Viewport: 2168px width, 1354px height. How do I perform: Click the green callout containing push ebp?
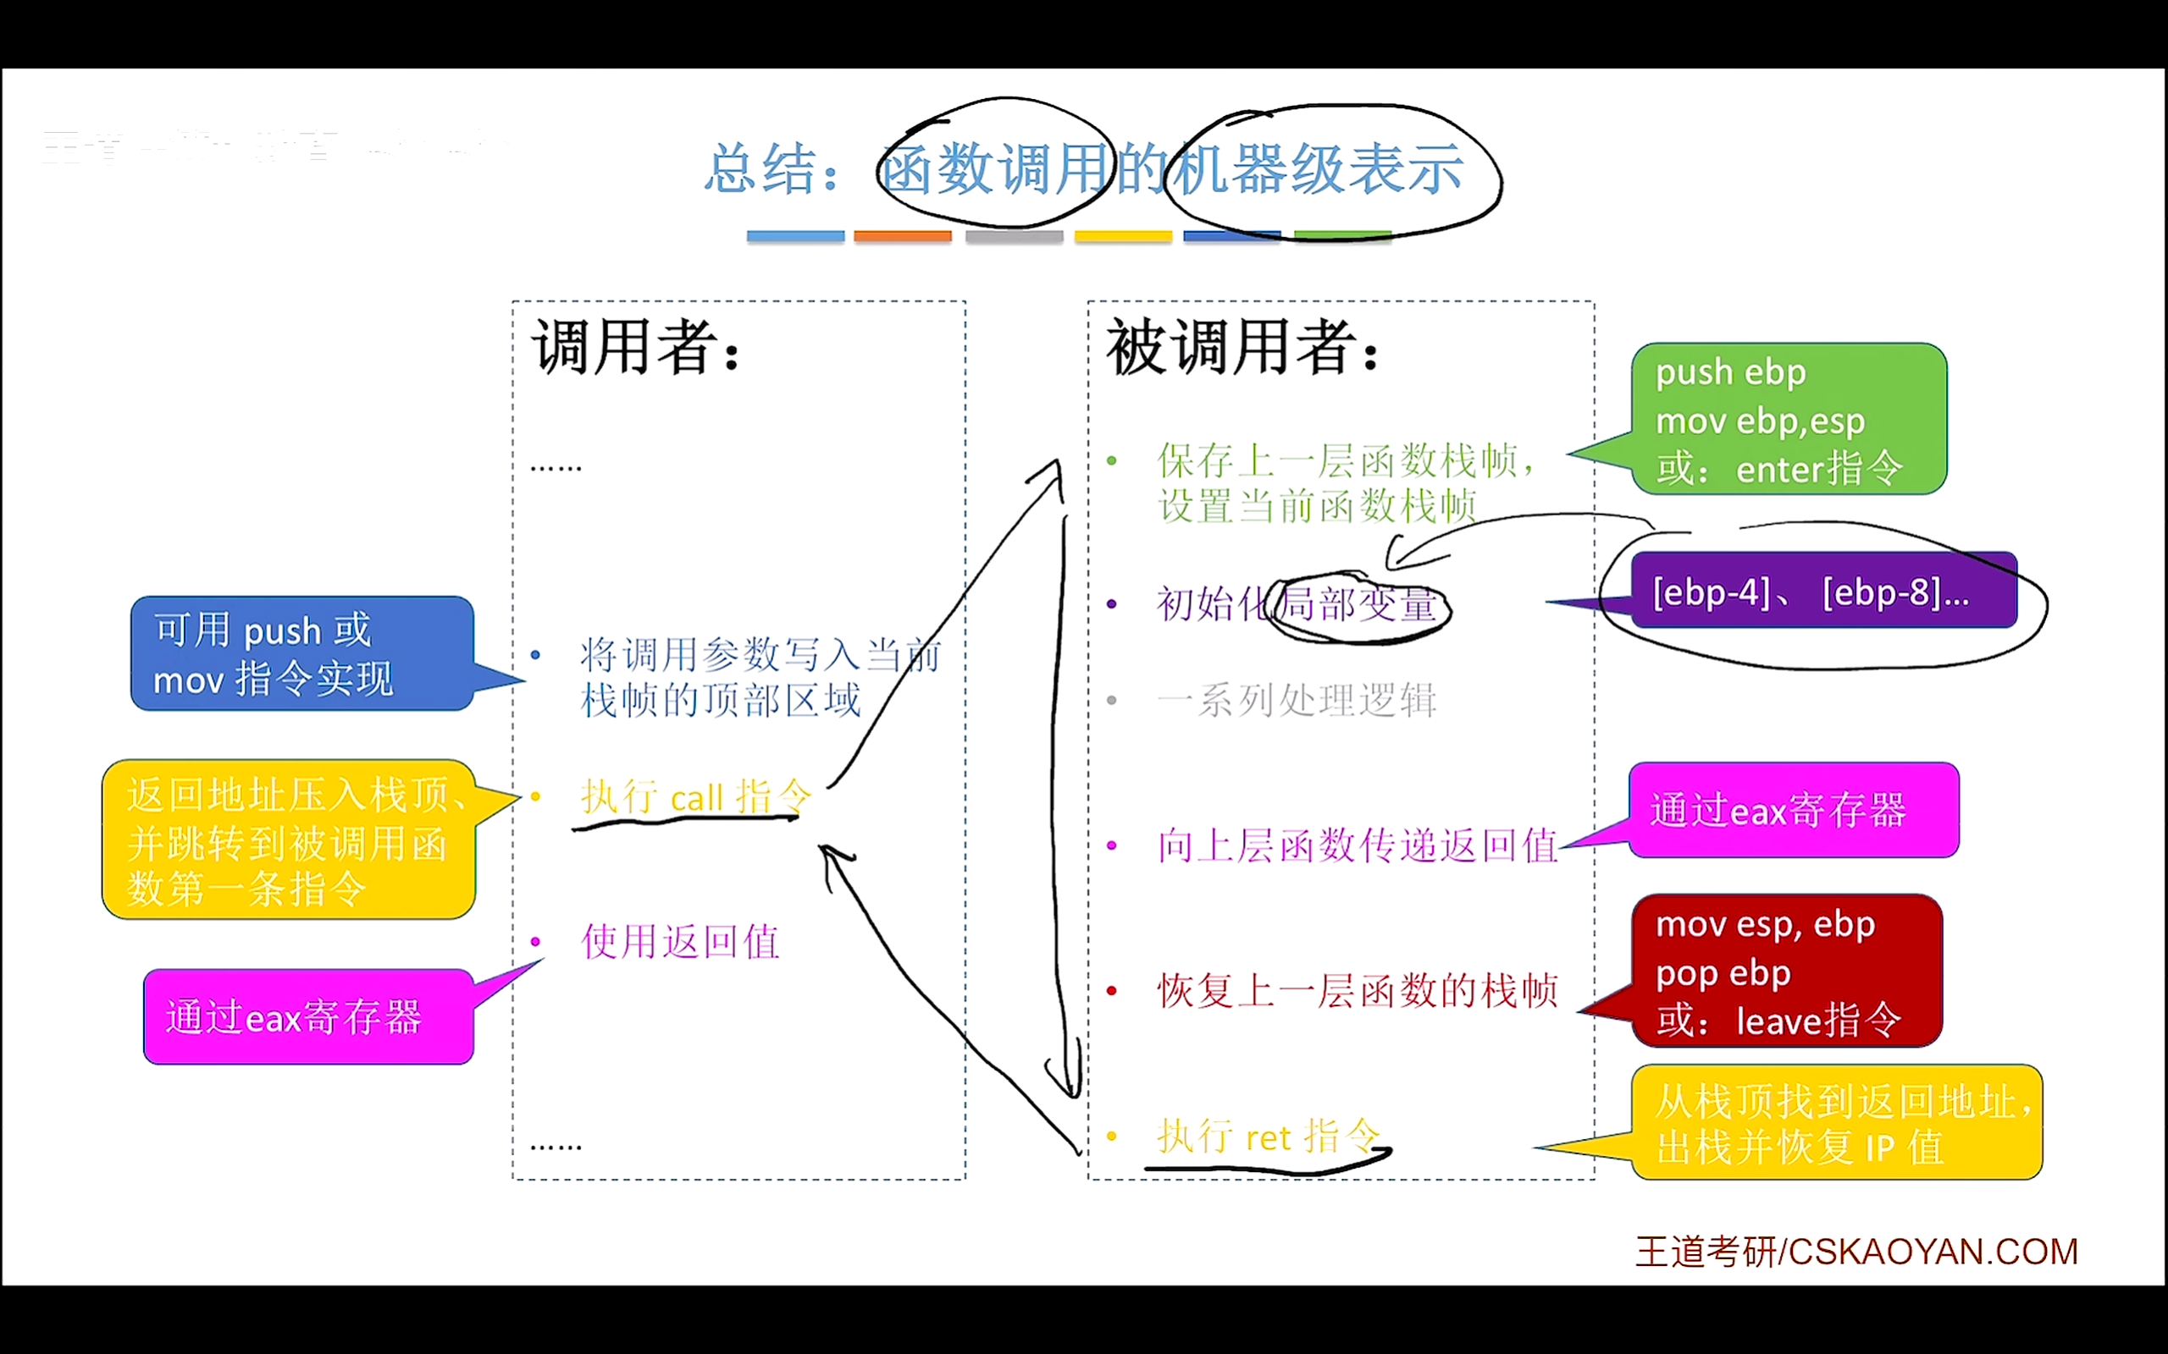point(1788,419)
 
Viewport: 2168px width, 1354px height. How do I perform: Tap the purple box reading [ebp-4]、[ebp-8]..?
point(1823,591)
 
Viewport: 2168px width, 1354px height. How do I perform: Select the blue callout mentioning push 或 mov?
point(301,653)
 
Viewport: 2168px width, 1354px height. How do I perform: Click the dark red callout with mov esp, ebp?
point(1786,971)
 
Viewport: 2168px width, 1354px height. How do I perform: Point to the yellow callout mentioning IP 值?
point(1837,1123)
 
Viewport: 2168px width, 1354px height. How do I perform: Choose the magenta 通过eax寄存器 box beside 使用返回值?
point(308,1017)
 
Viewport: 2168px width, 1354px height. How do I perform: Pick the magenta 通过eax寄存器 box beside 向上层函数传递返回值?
point(1794,811)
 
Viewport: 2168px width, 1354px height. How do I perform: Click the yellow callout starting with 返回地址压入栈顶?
point(289,840)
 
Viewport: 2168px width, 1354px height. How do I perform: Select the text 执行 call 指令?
point(695,796)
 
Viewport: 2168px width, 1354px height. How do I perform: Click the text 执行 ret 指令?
point(1269,1136)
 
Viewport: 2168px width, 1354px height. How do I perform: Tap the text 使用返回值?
point(680,942)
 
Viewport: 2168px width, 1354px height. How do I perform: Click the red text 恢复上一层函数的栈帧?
point(1358,990)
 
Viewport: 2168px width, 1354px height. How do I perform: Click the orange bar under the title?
point(902,236)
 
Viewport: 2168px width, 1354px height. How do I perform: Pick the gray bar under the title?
point(1014,236)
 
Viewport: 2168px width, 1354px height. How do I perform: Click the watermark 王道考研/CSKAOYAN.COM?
point(1856,1252)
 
